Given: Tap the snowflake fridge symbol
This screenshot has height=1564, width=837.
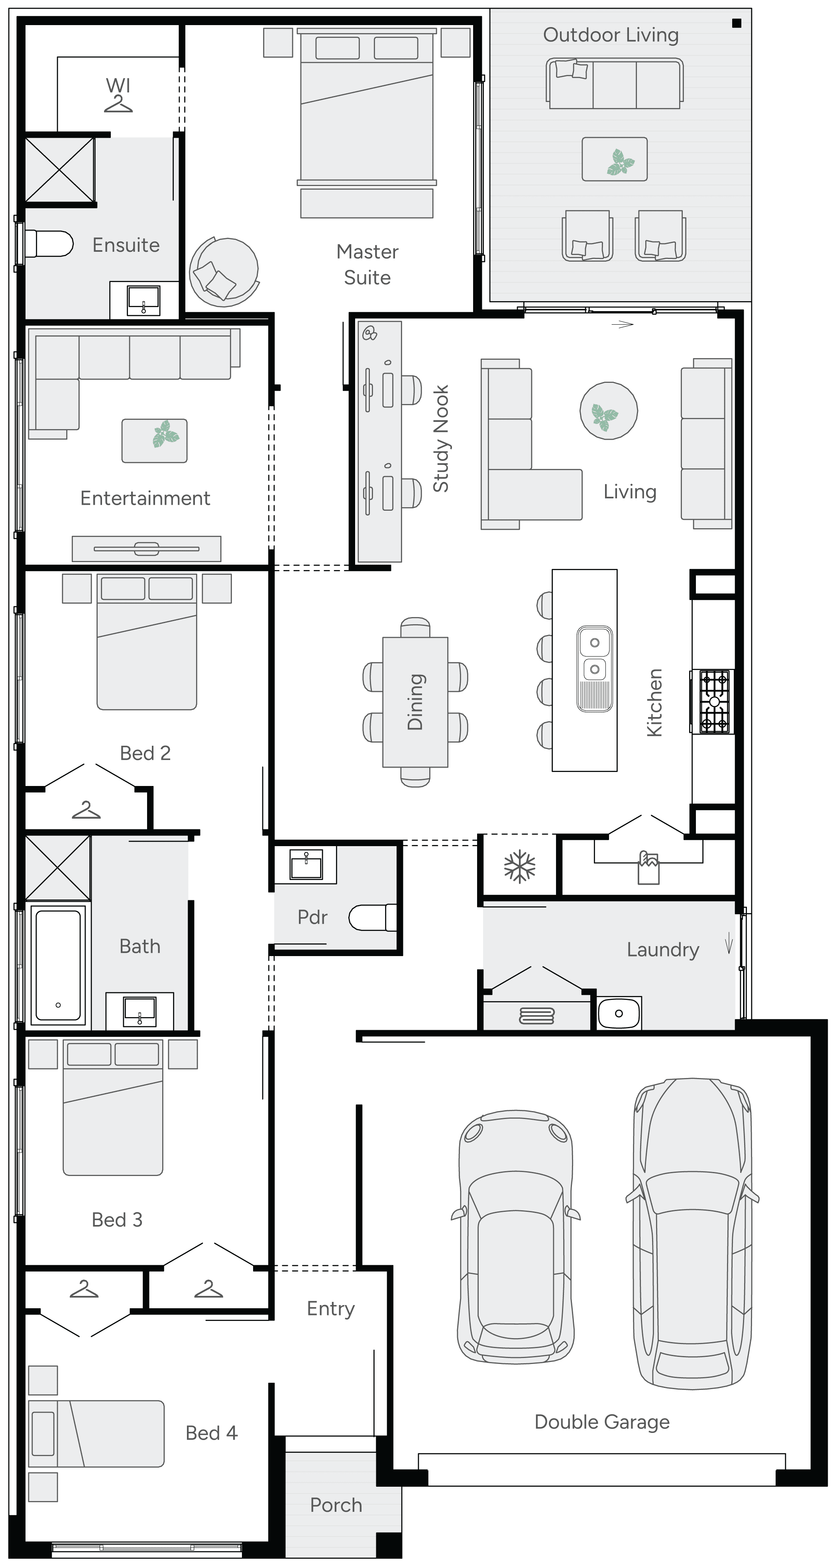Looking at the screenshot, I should click(x=519, y=866).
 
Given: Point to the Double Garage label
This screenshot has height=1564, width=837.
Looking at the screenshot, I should click(x=601, y=1422).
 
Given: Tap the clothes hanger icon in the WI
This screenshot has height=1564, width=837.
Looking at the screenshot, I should click(x=118, y=104).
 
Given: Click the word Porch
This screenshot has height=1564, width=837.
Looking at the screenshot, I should click(x=336, y=1505).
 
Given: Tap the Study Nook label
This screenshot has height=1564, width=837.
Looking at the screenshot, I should click(x=441, y=438).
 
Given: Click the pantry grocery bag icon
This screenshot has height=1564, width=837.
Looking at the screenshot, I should click(x=648, y=868).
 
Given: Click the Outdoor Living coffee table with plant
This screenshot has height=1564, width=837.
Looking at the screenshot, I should click(x=614, y=159).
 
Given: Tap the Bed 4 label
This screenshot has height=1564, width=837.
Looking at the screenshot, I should click(x=211, y=1433).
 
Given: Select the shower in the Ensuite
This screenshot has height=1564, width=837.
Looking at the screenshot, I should click(x=59, y=169).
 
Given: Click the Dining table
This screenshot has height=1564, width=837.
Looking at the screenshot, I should click(x=415, y=702).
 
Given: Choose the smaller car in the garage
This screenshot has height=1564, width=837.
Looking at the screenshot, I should click(x=516, y=1239).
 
